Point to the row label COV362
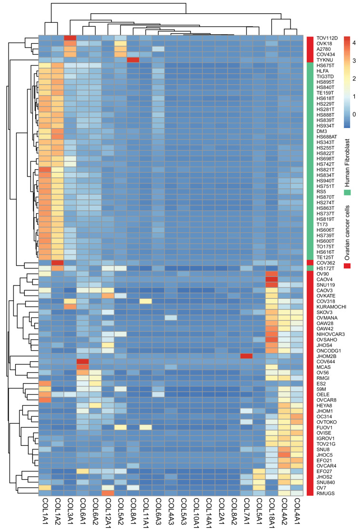pos(325,263)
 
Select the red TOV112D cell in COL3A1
pos(70,38)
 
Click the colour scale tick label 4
pos(354,43)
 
